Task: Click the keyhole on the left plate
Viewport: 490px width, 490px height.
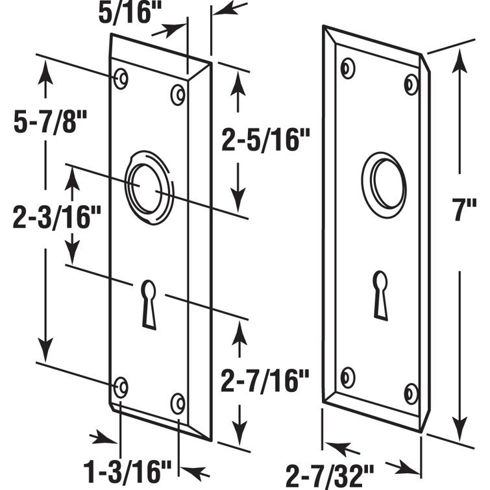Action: point(149,302)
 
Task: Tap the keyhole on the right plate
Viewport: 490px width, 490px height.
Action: point(380,293)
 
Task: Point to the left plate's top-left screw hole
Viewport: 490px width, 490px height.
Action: point(121,79)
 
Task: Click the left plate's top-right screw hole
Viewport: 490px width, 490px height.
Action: point(177,94)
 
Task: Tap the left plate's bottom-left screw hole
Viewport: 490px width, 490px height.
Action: point(121,387)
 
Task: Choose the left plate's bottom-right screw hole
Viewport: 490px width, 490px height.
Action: point(177,403)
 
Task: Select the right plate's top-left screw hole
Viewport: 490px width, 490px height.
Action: point(349,67)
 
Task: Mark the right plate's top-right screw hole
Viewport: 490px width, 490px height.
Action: point(411,84)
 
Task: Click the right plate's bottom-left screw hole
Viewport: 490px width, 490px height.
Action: point(349,377)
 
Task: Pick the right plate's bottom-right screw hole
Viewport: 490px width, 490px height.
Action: point(411,393)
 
